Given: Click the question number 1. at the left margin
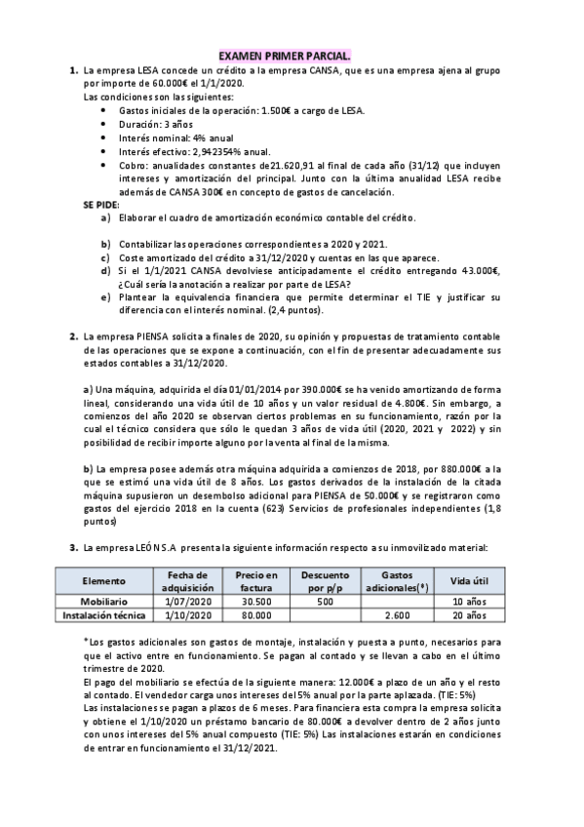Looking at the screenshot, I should pos(73,71).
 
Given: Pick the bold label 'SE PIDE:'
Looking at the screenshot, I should pos(101,207).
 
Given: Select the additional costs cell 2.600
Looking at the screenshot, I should pos(397,615).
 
